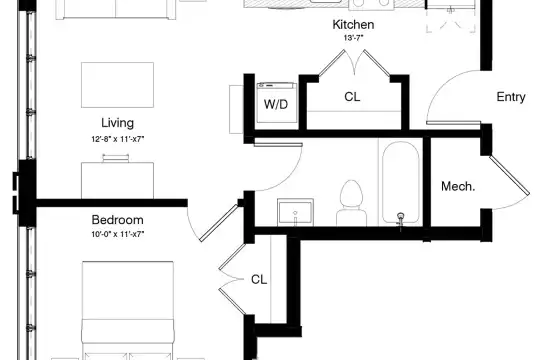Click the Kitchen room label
coord(353,24)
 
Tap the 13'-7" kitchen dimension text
coord(353,38)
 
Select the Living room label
coord(117,123)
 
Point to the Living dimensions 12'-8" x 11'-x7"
coord(117,139)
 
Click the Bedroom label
coord(117,220)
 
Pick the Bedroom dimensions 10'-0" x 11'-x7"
coord(117,234)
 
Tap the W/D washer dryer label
coord(276,104)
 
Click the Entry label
coord(511,97)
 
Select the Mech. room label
coord(458,186)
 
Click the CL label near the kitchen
coord(352,97)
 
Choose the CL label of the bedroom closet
coord(259,279)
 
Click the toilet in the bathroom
coord(351,203)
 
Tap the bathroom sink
coord(295,212)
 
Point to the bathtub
coord(401,183)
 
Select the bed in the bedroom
coord(128,310)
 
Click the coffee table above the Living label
coord(117,85)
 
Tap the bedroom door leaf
coord(219,223)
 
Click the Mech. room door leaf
coord(509,175)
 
